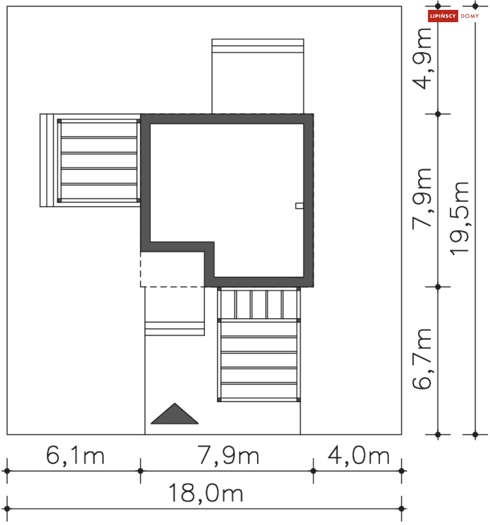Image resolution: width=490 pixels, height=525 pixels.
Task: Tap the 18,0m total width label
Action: [206, 493]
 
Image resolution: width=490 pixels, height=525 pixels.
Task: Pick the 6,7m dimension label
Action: [424, 359]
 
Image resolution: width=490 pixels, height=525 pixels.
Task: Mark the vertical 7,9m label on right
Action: [424, 197]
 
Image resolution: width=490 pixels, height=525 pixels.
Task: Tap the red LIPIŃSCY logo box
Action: [443, 16]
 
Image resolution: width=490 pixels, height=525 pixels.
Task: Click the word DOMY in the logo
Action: [469, 16]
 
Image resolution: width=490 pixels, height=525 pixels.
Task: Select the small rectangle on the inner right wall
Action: [299, 206]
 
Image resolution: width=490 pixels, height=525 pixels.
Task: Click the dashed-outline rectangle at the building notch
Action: [172, 269]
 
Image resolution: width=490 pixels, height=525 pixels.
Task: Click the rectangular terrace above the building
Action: [258, 76]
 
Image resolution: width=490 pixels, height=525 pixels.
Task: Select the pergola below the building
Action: [259, 345]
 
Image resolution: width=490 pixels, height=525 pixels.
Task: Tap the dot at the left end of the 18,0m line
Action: [7, 508]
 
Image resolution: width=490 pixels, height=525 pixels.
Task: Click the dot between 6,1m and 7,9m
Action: [140, 471]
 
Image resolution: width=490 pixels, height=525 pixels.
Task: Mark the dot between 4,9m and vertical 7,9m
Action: [438, 114]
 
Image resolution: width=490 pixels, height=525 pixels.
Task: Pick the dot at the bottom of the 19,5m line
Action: [475, 434]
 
